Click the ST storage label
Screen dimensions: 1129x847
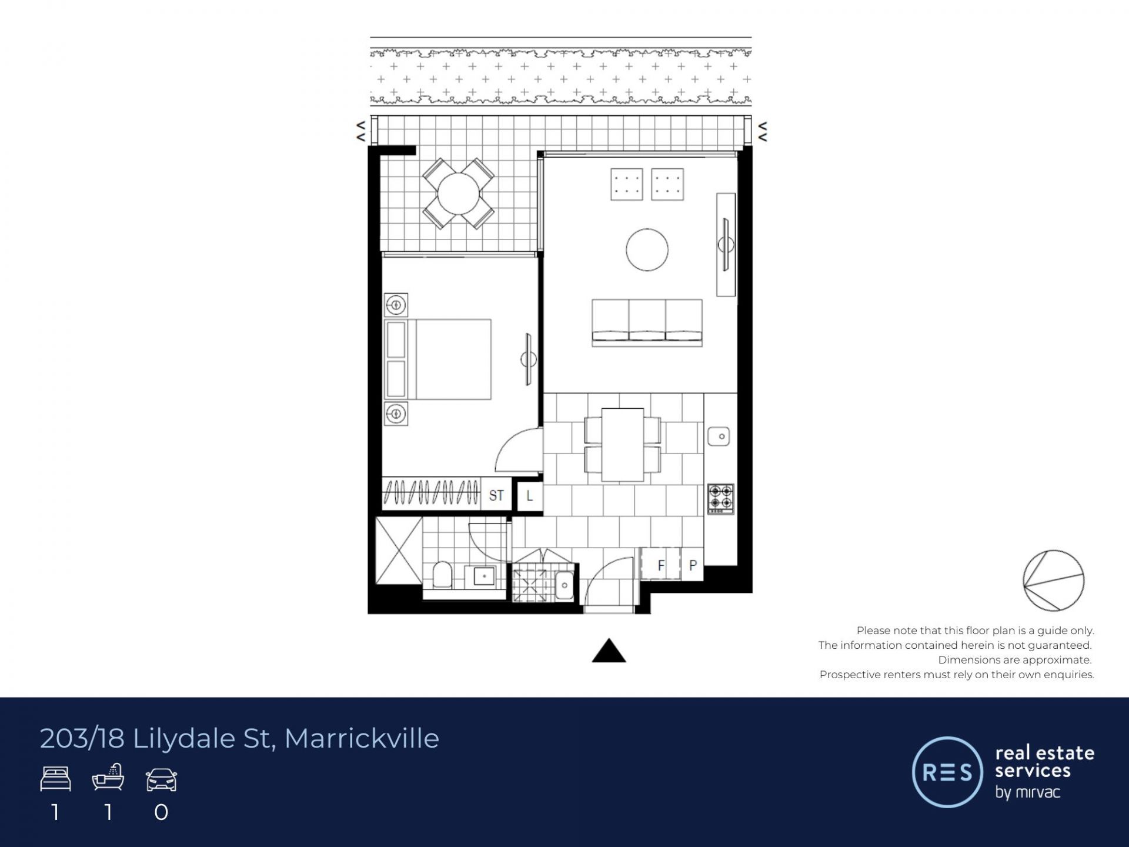496,495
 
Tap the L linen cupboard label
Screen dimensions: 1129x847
529,495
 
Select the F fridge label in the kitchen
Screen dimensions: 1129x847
661,565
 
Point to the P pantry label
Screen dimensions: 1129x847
693,565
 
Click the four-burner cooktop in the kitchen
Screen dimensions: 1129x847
720,499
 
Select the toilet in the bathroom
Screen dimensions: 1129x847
442,575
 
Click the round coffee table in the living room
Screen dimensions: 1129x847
647,249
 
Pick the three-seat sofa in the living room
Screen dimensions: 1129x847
647,322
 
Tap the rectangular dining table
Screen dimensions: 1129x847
623,445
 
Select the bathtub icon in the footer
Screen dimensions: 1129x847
108,777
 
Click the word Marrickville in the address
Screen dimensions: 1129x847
362,738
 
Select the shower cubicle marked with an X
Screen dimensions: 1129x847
399,551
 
